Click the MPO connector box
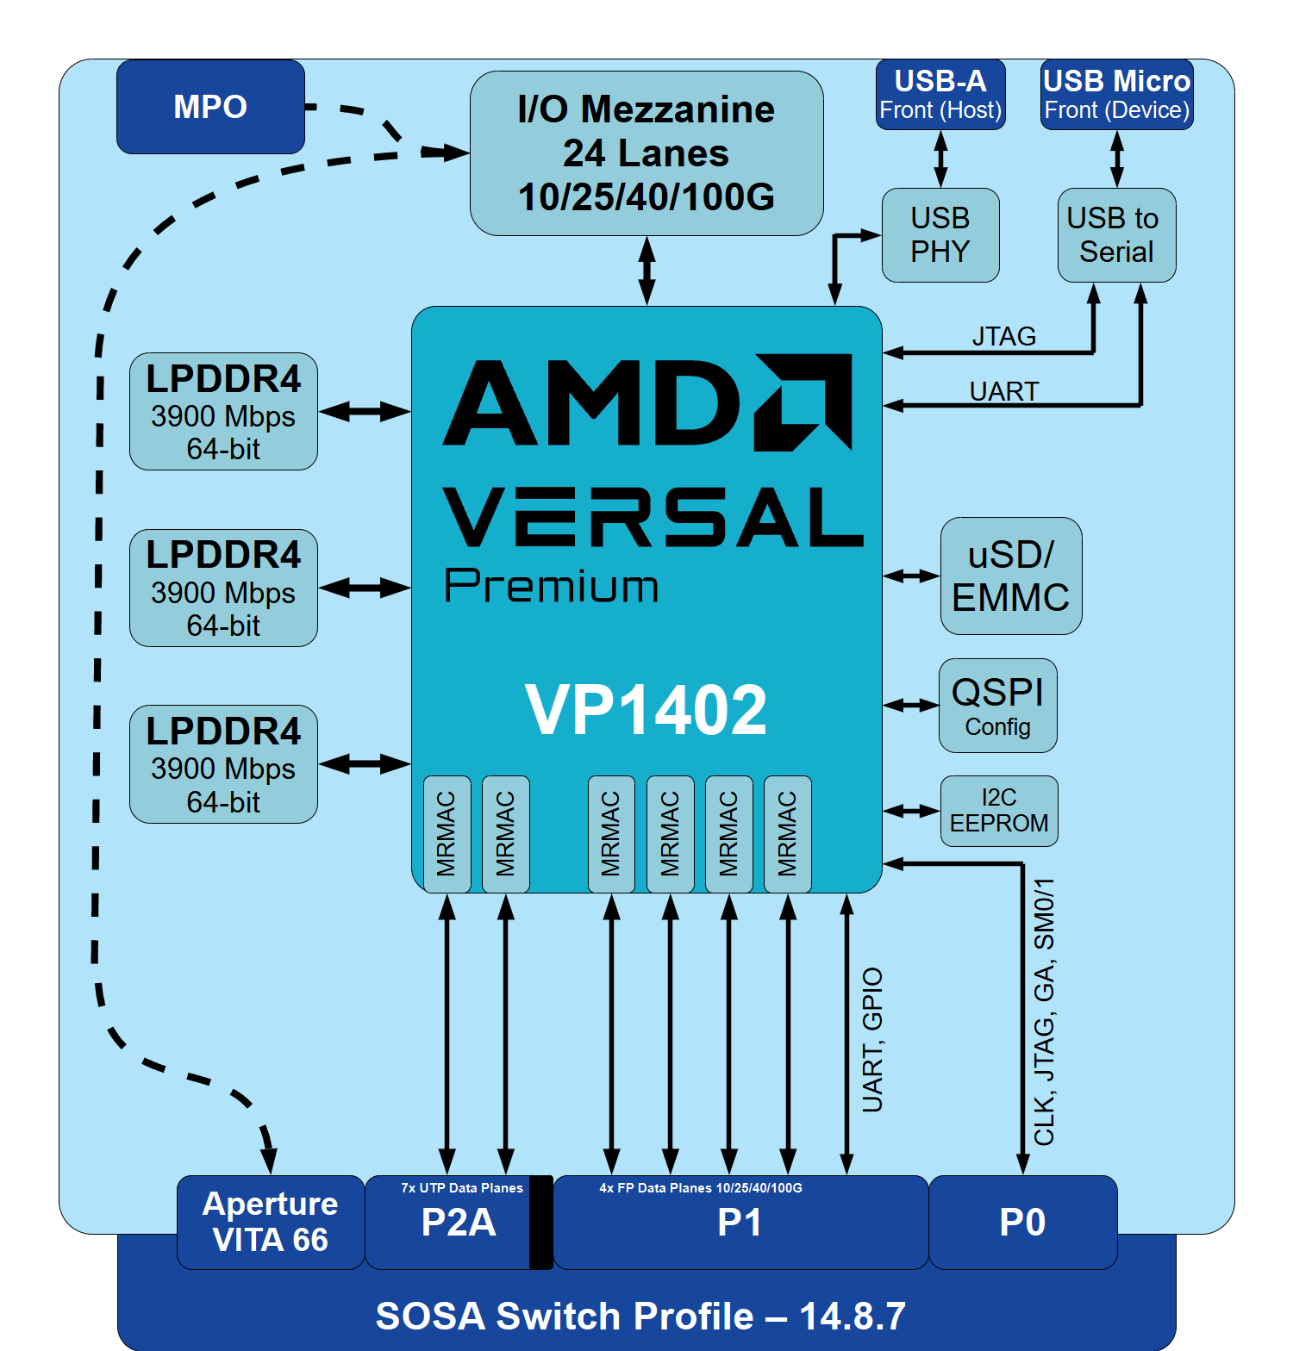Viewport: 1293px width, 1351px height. (x=210, y=107)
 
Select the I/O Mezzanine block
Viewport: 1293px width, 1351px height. (x=646, y=153)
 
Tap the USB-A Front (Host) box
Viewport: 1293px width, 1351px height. (x=940, y=95)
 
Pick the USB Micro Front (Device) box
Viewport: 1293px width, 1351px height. (x=1116, y=95)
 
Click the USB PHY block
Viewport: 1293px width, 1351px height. (x=940, y=235)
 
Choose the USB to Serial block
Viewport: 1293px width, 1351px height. (x=1116, y=235)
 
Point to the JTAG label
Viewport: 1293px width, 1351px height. (x=1004, y=336)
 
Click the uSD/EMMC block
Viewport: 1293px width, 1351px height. (x=1010, y=576)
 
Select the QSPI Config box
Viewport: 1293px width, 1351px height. (x=997, y=706)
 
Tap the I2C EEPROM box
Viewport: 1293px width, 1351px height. (x=999, y=811)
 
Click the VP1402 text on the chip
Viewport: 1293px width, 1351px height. (x=646, y=710)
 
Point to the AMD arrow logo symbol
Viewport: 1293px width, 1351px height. (x=803, y=402)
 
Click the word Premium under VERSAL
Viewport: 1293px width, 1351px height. (x=552, y=587)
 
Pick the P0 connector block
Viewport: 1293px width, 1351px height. (x=1022, y=1223)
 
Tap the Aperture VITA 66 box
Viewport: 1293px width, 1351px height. (x=270, y=1222)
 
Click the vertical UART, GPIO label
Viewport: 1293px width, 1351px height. (x=872, y=1039)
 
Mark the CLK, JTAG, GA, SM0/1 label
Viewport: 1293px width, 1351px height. (x=1044, y=1012)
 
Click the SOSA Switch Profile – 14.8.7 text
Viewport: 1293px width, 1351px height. (x=640, y=1316)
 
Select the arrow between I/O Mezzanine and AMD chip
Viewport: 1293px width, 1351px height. (x=646, y=271)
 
